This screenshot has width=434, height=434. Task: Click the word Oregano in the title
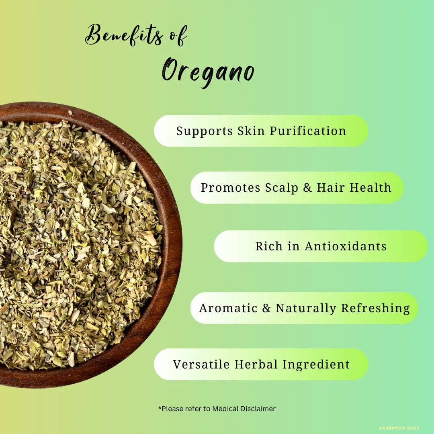[x=208, y=72]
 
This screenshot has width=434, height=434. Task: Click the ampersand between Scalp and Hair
[x=308, y=188]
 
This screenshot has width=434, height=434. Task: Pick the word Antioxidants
[x=346, y=246]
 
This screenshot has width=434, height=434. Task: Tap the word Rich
[x=268, y=246]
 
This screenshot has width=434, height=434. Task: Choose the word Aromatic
[x=228, y=308]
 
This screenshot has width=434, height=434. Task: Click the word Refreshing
[x=375, y=308]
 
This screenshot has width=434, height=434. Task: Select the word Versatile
[x=201, y=364]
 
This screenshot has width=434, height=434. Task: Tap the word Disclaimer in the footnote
[x=258, y=409]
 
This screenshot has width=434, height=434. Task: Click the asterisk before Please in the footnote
[x=160, y=408]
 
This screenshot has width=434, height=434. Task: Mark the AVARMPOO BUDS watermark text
[x=399, y=428]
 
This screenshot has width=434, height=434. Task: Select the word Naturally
[x=306, y=308]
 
